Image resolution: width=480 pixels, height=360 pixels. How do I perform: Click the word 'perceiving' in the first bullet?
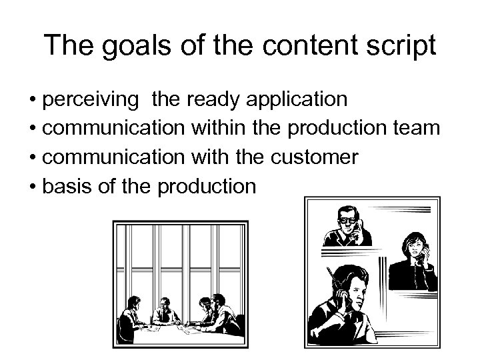coord(91,100)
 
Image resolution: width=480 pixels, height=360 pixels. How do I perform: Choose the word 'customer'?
coord(313,157)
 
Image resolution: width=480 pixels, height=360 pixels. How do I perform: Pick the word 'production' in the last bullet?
coord(207,186)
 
